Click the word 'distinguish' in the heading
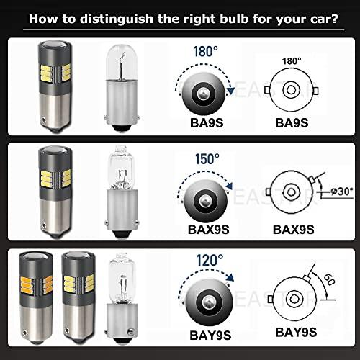117,19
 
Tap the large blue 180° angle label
206,51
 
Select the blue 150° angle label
207,159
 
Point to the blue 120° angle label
210,260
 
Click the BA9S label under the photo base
207,122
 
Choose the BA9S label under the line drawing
292,122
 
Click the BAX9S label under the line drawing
294,230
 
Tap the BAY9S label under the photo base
210,336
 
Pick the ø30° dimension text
342,192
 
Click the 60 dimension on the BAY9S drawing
329,280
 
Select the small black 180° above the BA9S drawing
291,61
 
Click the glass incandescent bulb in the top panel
122,88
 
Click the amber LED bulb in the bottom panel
36,298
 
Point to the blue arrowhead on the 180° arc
230,91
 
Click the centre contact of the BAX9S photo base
204,200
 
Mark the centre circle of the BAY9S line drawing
294,299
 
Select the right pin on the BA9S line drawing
316,91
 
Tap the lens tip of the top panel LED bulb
55,45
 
